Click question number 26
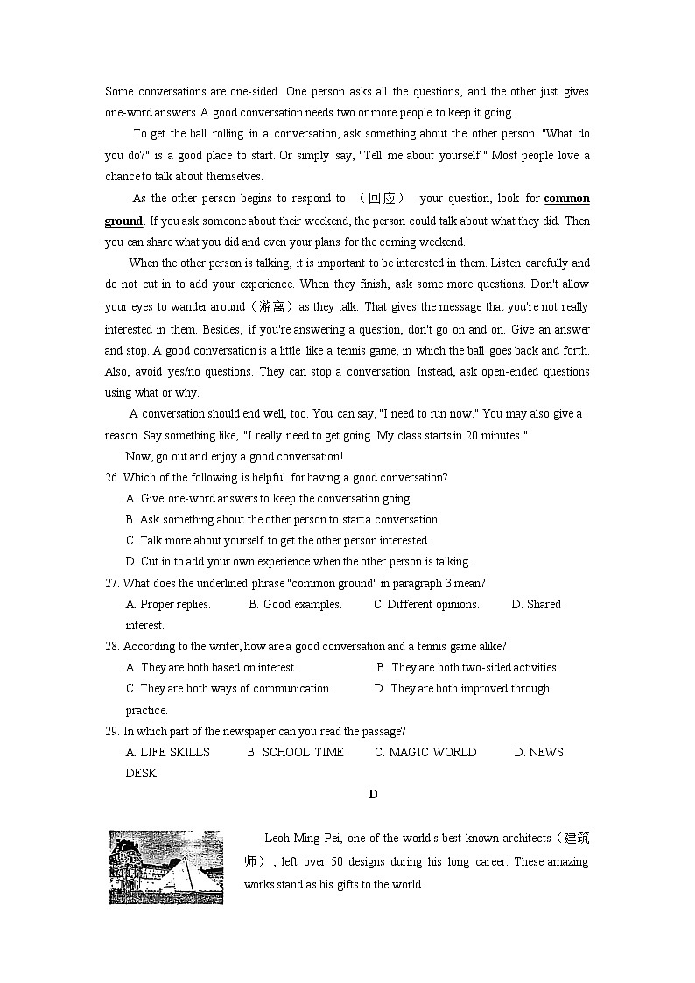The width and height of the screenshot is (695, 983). [x=112, y=477]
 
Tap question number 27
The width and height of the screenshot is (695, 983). [x=112, y=583]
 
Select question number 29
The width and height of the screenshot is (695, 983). [x=112, y=731]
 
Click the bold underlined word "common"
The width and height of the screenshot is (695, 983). [x=566, y=199]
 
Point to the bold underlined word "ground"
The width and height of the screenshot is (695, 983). [x=123, y=221]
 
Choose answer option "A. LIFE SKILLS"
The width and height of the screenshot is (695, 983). [x=168, y=752]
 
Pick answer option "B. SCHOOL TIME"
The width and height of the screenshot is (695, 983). [x=295, y=752]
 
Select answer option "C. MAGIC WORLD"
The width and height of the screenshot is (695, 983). [x=425, y=752]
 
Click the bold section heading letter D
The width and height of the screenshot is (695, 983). [x=373, y=794]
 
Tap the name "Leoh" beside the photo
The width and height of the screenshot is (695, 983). [x=279, y=838]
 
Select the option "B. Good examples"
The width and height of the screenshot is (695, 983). [x=295, y=604]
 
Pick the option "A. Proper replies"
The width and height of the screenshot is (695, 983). [x=168, y=604]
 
